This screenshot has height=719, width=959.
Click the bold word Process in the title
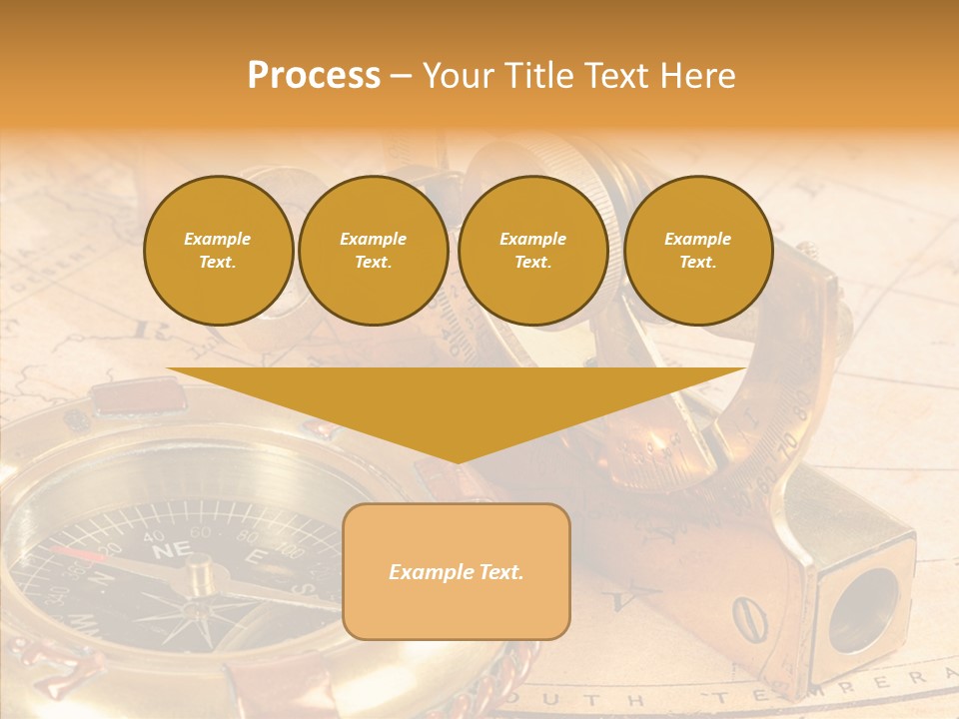[x=314, y=76]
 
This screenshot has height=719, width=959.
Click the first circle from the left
[x=218, y=251]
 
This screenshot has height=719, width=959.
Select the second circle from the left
[x=373, y=251]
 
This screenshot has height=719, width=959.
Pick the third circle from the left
[x=532, y=251]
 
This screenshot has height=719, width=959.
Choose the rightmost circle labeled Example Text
[x=697, y=251]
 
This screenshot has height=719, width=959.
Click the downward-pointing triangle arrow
[x=457, y=409]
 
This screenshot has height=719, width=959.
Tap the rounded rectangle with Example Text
[x=457, y=571]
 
